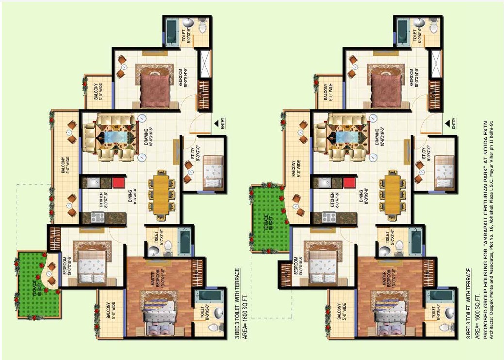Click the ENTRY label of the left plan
point(222,124)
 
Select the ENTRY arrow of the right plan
point(445,124)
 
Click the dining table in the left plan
point(162,193)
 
